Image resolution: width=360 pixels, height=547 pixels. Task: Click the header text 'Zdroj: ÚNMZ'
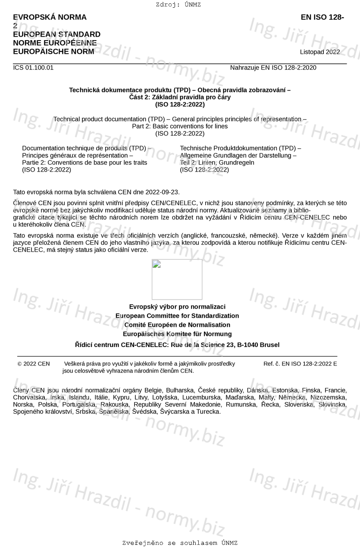[x=178, y=5]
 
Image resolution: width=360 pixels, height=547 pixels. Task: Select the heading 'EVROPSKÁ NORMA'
[x=50, y=17]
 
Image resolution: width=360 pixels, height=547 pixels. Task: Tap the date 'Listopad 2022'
[x=320, y=52]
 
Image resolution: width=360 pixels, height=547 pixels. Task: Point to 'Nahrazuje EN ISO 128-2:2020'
[x=273, y=68]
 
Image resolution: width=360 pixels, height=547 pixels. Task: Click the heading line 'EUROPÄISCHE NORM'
[x=53, y=52]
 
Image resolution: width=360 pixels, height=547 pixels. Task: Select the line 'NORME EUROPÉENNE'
[x=55, y=43]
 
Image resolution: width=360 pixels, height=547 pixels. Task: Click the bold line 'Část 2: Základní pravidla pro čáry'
[x=180, y=97]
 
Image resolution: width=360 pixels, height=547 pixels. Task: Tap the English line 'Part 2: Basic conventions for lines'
[x=180, y=126]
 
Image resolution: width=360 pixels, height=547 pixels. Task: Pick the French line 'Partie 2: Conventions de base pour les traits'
[x=85, y=163]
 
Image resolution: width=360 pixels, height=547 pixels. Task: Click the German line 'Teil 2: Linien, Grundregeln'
[x=217, y=163]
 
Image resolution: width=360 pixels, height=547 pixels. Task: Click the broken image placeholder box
[x=177, y=279]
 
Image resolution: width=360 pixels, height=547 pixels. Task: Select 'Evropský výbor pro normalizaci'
[x=177, y=306]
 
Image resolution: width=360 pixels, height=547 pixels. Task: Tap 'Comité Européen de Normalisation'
[x=177, y=325]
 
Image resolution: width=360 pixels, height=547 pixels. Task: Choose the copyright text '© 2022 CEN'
[x=34, y=364]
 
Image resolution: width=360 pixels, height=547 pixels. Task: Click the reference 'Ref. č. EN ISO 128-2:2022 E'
[x=300, y=364]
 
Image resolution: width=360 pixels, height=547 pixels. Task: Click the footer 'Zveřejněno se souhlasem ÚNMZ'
[x=180, y=543]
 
